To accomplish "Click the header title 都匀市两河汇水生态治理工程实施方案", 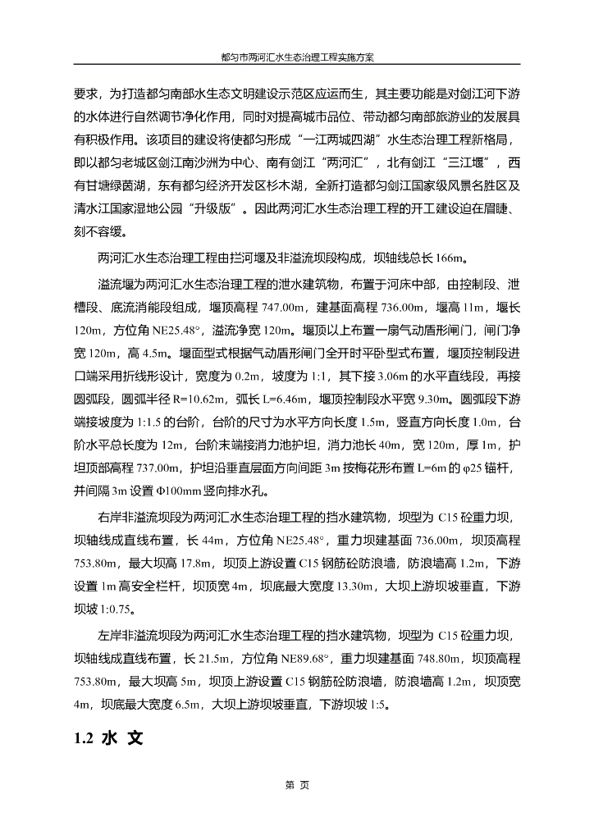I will point(297,58).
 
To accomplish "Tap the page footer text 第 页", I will point(296,785).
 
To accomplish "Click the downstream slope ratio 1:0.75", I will point(115,609).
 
